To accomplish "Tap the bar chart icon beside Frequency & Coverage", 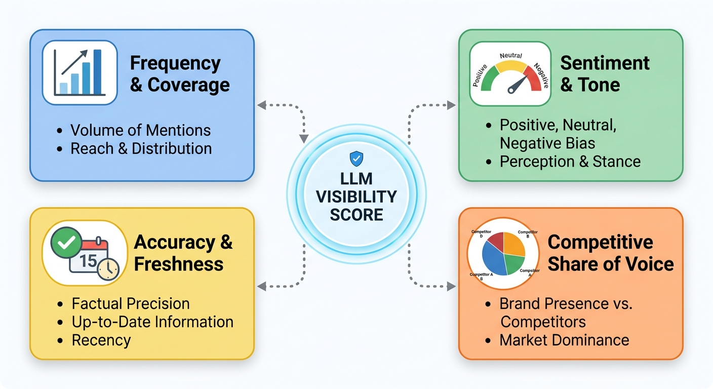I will coord(80,73).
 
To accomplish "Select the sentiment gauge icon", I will coord(510,74).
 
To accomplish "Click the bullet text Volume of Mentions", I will coord(140,130).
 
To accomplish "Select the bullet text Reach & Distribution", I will coord(141,148).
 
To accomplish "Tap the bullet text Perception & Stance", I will coord(570,162).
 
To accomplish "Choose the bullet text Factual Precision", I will coord(131,303).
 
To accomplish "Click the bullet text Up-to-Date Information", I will coord(152,322).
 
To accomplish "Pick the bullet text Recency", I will coord(101,340).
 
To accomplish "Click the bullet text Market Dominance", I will coord(564,340).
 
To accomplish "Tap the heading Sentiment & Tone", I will coord(605,73).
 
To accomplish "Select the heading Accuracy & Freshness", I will coord(183,253).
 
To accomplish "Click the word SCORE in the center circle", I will coord(356,214).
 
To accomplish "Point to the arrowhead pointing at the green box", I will coord(451,105).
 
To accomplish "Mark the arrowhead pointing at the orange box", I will coord(451,287).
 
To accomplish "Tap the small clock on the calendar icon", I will coord(108,269).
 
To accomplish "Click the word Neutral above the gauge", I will coord(510,56).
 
